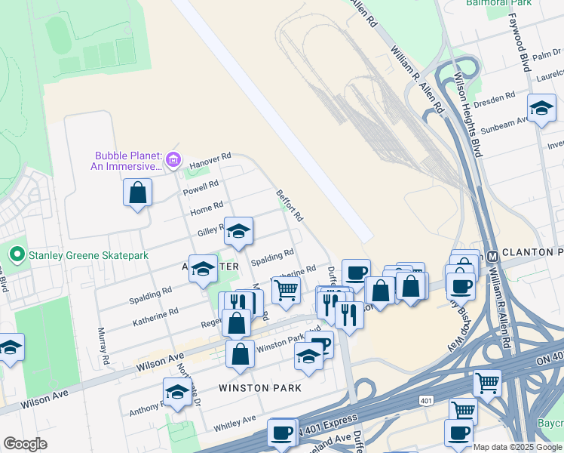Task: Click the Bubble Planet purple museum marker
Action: point(173,159)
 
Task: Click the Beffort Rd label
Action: point(290,205)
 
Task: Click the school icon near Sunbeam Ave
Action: point(541,108)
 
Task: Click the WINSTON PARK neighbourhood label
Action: point(260,388)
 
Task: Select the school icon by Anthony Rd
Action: point(177,391)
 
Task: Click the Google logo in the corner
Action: point(24,444)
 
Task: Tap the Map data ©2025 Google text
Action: point(518,447)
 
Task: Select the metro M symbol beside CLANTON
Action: point(491,254)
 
